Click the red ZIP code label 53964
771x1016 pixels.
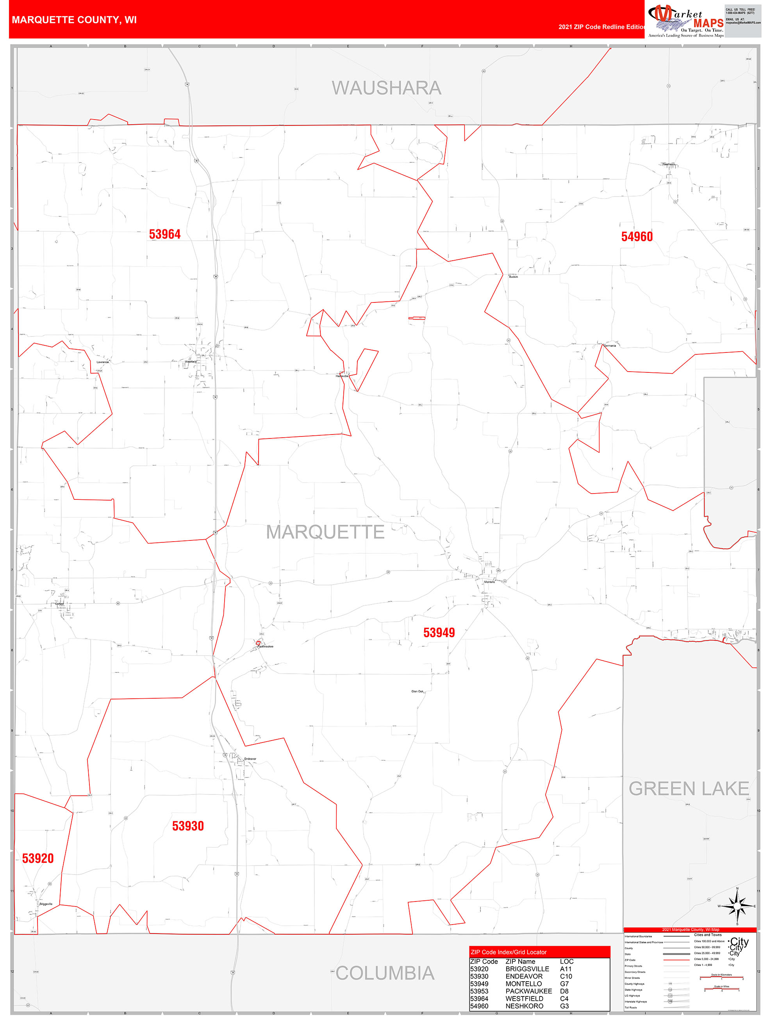[164, 234]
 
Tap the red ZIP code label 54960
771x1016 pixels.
[637, 236]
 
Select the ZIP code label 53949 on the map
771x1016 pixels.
[439, 633]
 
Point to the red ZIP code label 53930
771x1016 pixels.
[188, 826]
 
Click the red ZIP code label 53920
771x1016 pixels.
[37, 858]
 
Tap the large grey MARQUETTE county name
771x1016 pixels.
[325, 532]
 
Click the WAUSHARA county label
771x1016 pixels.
[386, 88]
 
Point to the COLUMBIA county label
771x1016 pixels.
[385, 973]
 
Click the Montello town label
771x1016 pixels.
[489, 582]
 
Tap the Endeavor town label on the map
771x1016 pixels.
[250, 759]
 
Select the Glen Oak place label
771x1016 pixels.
[418, 691]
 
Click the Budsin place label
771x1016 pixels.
[513, 277]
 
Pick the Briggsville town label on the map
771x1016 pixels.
[46, 904]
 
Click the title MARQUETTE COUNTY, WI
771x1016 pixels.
[74, 20]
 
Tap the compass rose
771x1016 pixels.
[737, 906]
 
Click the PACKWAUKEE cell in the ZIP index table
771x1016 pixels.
[528, 991]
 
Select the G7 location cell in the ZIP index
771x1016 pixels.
[564, 984]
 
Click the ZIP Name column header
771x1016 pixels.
[520, 961]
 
